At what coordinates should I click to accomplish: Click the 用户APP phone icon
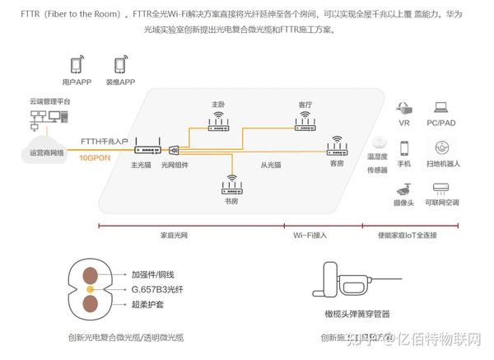77,64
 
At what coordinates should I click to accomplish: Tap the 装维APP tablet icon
119,64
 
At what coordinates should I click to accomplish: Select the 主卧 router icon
218,124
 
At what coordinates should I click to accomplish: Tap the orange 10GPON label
96,155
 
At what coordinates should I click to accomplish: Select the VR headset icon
403,108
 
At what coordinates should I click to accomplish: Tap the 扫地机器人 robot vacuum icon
441,147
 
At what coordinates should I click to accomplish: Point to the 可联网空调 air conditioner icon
441,187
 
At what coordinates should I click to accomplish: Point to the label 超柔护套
148,306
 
